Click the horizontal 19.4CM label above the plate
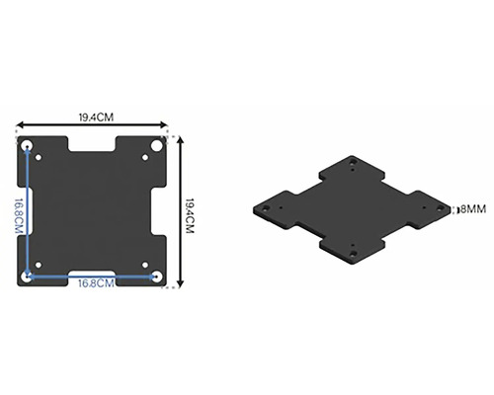[x=96, y=118]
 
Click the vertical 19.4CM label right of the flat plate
[x=190, y=216]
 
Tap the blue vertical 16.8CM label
[x=19, y=216]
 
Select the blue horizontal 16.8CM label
[x=96, y=283]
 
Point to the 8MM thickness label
[x=473, y=209]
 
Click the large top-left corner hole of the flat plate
[x=27, y=145]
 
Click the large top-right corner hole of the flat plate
[x=157, y=145]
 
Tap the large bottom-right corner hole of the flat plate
[x=158, y=276]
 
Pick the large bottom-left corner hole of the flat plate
[x=26, y=277]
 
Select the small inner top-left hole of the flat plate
[x=39, y=157]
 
